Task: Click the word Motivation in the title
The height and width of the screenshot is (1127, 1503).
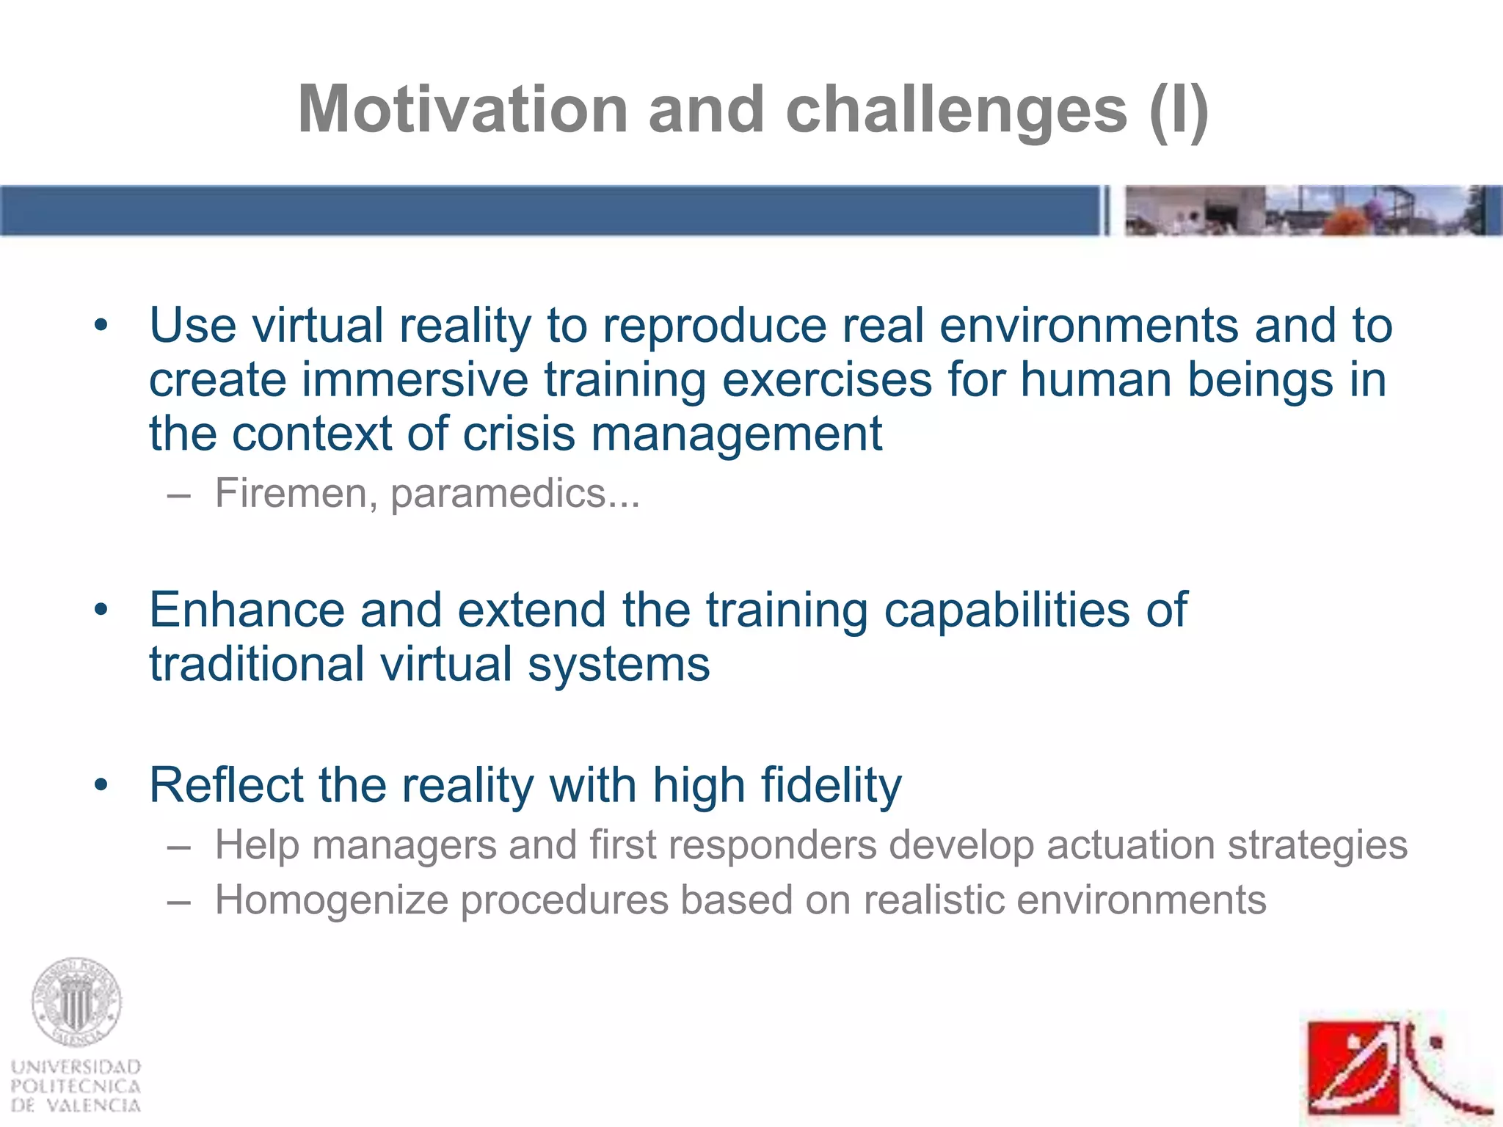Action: pos(462,110)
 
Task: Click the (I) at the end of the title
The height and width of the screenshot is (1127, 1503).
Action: pos(1179,110)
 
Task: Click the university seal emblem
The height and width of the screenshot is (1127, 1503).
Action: pos(76,1002)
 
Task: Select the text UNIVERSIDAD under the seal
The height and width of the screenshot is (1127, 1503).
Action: pos(76,1067)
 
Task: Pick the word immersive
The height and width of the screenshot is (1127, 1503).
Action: pos(415,380)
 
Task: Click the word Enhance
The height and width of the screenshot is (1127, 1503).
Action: pos(247,610)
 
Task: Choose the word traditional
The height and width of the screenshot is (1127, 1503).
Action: pos(257,664)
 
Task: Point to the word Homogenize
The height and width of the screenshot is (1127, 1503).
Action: pos(331,900)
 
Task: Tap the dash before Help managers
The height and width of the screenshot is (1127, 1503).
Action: pos(178,846)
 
